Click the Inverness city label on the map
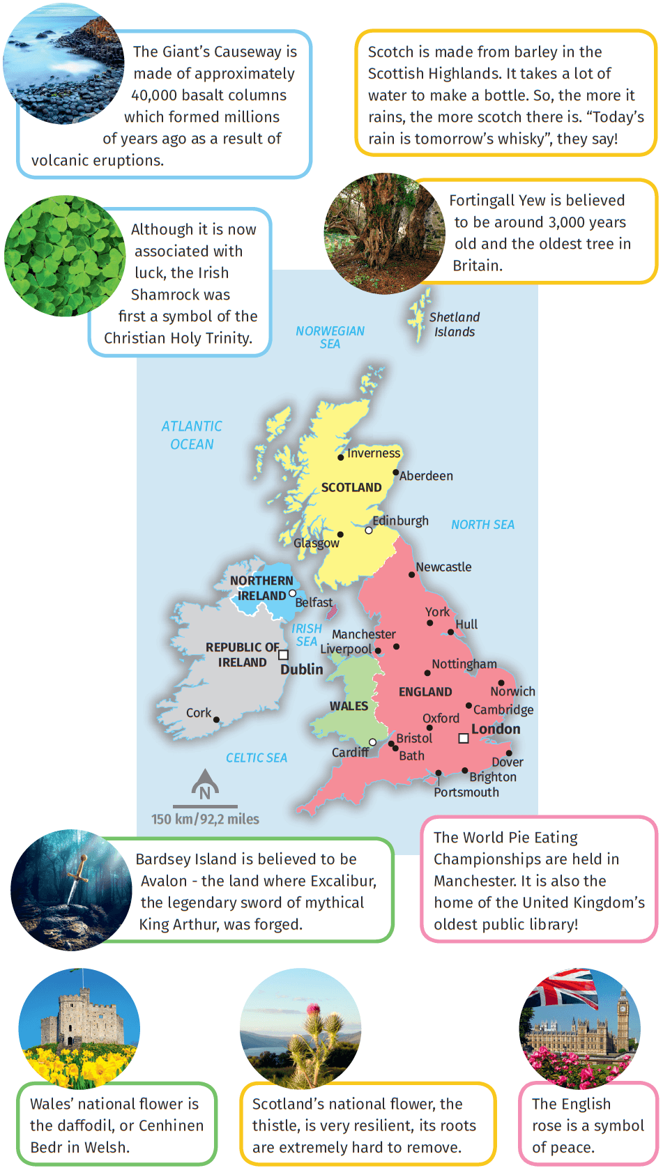coord(374,453)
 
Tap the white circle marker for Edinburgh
coord(369,530)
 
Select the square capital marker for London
coord(463,738)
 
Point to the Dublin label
coord(302,669)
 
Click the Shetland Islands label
coord(455,324)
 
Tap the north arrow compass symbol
coord(205,783)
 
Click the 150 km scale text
coord(205,819)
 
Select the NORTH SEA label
coord(482,525)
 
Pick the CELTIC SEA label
coord(257,758)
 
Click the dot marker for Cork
coord(216,720)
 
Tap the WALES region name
coord(349,706)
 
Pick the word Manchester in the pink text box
coord(478,881)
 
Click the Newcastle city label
coord(443,567)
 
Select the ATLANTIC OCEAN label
coord(192,435)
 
